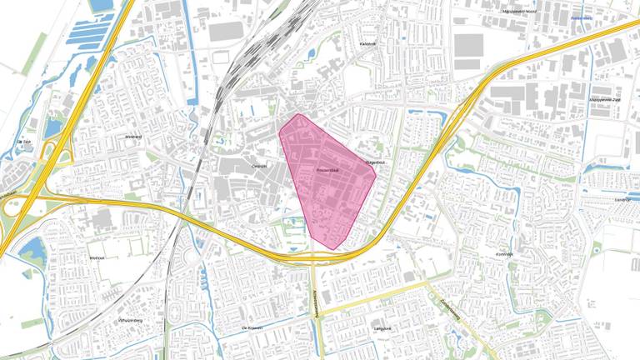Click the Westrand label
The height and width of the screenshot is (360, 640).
134,137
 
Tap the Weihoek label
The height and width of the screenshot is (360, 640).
97,258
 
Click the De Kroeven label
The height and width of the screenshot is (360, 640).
252,328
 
